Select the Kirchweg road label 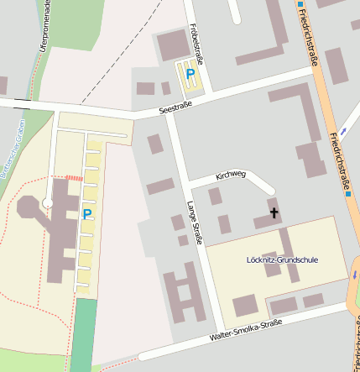(231, 176)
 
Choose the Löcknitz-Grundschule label (283, 259)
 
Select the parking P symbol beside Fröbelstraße (190, 75)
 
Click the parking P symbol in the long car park (86, 214)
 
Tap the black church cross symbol (274, 213)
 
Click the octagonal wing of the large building (28, 207)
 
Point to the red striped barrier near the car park (75, 178)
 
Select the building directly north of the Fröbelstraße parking (174, 44)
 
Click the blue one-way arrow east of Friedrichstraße (354, 274)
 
